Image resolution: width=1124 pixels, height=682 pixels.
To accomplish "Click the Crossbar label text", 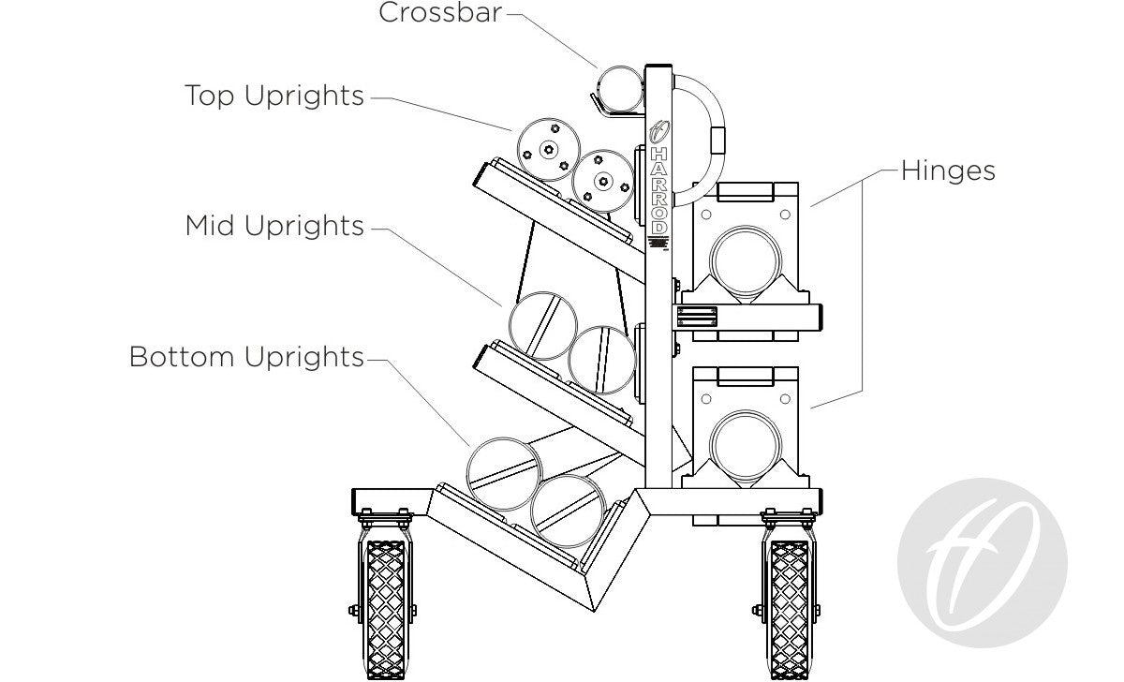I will coord(440,13).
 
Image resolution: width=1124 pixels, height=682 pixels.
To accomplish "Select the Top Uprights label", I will coord(274,96).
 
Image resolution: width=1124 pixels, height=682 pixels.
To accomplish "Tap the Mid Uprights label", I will coord(274,226).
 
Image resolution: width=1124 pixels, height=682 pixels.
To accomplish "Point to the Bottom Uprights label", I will coord(246,357).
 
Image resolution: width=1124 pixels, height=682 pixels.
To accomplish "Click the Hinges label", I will coord(948,170).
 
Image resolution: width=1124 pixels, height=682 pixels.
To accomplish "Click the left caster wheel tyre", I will coord(386,609).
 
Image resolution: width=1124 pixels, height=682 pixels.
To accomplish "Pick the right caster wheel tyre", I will coord(789,609).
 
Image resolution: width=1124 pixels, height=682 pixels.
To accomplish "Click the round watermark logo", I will coord(982,562).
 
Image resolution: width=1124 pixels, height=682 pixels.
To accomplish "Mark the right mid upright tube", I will coord(602,358).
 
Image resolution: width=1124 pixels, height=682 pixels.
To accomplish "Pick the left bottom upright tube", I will coord(504,474).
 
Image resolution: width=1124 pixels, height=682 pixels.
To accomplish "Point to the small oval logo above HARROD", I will coord(658,130).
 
